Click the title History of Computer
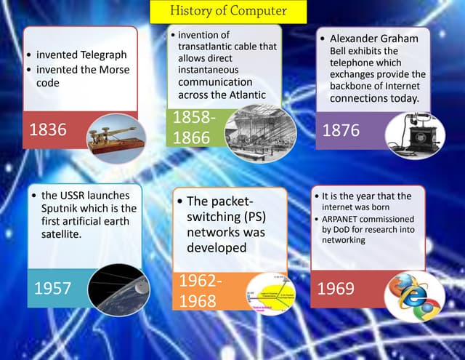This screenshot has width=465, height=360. point(228,11)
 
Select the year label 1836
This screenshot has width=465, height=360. point(47,130)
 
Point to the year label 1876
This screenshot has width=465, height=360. point(341,130)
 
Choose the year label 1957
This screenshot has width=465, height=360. point(52,288)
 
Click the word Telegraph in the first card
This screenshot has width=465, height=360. point(103,55)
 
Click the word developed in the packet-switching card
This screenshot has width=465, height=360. point(217,248)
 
